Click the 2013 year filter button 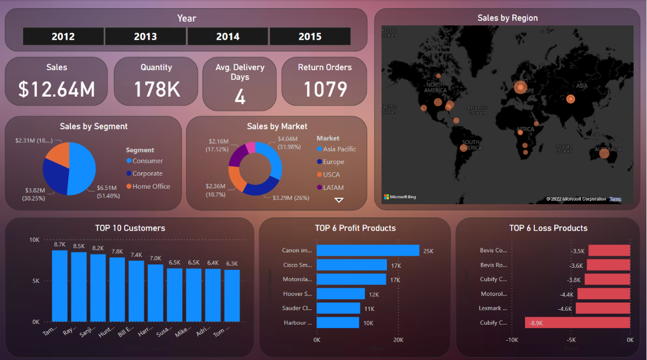145,36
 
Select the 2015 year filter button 310,36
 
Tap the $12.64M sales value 56,89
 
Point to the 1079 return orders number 325,89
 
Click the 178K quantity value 156,89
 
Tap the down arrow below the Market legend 339,200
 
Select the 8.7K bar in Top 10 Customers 60,285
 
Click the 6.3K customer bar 232,295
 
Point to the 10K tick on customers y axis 35,240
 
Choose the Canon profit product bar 368,251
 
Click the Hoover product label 297,294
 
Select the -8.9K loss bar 577,322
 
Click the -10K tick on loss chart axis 512,340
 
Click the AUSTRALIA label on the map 607,149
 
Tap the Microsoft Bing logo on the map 400,197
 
